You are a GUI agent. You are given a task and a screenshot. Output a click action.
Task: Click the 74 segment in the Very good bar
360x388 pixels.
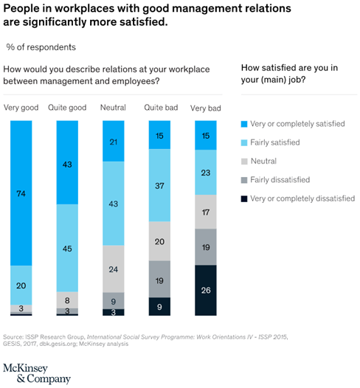21,193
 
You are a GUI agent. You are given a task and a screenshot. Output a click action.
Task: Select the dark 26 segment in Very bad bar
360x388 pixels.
206,290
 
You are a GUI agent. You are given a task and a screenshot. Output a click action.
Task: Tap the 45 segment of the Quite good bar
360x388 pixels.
67,248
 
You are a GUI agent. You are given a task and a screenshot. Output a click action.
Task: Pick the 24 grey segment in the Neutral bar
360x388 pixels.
114,269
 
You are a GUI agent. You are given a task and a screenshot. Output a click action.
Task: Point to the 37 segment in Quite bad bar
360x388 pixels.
159,185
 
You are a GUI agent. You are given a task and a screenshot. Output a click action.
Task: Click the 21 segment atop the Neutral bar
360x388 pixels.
114,141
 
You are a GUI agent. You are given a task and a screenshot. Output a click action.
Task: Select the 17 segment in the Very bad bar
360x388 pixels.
206,212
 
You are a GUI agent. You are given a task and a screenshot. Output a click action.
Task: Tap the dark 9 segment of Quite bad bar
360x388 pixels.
159,306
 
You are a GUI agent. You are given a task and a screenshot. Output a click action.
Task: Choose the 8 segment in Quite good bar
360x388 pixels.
67,300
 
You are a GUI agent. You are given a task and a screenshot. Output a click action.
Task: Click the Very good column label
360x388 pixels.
21,108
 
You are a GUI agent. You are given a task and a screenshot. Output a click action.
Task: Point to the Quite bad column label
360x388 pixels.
161,108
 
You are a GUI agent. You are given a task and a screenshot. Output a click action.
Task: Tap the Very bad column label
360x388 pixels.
206,108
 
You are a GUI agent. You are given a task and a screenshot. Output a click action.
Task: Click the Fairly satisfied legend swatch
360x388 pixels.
244,143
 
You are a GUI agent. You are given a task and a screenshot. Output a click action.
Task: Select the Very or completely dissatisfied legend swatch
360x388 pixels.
244,198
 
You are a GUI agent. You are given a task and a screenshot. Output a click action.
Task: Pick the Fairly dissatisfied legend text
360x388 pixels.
280,180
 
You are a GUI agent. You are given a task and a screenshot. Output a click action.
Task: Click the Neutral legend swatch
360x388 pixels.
244,162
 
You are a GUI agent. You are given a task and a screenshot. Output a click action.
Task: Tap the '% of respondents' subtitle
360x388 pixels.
41,47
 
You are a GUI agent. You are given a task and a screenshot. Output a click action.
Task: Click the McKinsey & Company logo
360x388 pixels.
37,374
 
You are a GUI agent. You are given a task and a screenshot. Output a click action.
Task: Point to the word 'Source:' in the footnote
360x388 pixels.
13,337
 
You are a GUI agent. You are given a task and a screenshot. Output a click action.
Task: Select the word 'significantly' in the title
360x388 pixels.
55,23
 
